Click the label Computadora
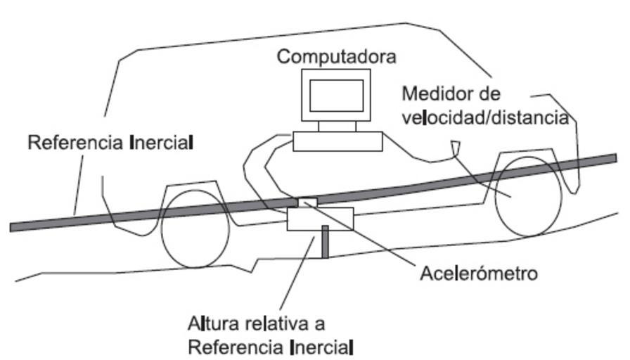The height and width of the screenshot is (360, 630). click(x=336, y=56)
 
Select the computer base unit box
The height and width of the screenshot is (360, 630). click(x=337, y=141)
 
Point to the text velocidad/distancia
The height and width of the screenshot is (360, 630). click(x=485, y=117)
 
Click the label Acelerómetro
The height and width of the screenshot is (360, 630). click(x=478, y=273)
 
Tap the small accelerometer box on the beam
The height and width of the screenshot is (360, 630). click(x=307, y=202)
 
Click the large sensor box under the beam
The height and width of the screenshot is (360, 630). click(x=320, y=219)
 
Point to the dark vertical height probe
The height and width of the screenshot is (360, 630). click(x=325, y=241)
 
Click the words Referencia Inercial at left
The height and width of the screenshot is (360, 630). click(x=110, y=143)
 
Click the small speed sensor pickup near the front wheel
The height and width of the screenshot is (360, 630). click(x=456, y=147)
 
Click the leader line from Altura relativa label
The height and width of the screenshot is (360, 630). click(x=303, y=274)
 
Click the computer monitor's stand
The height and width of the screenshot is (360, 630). click(x=337, y=127)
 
